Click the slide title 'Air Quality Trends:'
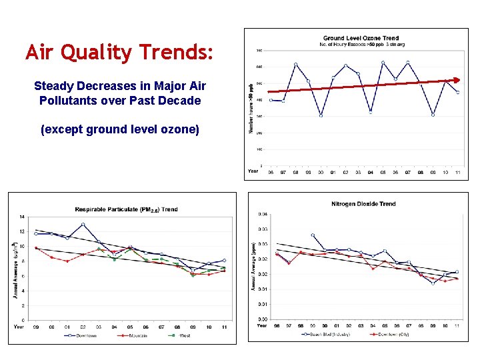point(120,52)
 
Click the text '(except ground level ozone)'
point(120,129)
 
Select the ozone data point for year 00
point(321,115)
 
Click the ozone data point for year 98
point(295,65)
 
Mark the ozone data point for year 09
point(433,115)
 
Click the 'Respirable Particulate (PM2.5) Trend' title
point(126,209)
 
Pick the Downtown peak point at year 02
point(83,225)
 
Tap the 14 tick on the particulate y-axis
point(22,217)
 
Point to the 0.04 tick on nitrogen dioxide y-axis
point(263,214)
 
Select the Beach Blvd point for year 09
point(432,283)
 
